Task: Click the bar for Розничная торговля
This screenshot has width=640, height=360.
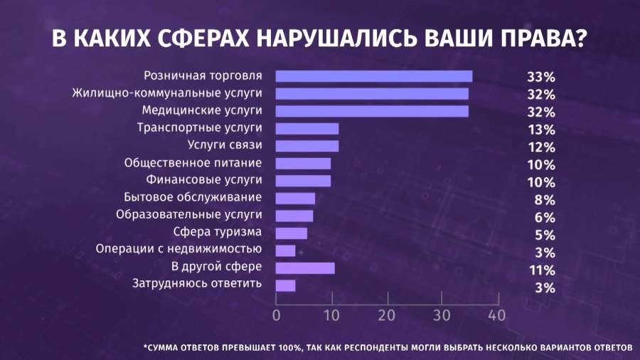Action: [373, 76]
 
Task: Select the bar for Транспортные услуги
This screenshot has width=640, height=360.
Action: [306, 129]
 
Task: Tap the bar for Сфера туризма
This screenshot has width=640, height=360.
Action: [291, 233]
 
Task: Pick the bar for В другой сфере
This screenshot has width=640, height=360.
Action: [304, 268]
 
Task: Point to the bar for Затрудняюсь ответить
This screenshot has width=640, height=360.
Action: [285, 285]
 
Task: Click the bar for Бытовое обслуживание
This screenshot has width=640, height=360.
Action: [295, 198]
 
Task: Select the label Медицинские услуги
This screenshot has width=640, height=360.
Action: [202, 110]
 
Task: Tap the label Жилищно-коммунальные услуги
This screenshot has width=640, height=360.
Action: [168, 92]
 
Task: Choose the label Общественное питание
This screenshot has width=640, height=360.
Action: [193, 162]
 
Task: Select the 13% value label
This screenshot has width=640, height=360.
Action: [541, 129]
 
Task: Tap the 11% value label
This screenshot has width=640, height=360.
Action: [541, 269]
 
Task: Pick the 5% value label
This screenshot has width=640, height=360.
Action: [545, 234]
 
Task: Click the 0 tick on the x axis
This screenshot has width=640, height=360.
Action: [276, 314]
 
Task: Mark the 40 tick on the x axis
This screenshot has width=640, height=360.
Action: [496, 314]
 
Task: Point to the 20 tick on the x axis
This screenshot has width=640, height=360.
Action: [386, 314]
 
